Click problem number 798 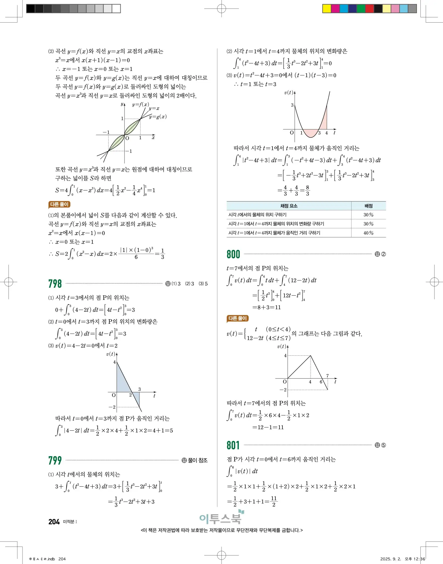click(55, 284)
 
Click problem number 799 click(55, 460)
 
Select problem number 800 click(233, 254)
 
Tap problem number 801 click(233, 445)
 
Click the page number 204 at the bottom click(54, 522)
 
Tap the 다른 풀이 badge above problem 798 click(59, 205)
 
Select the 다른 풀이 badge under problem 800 click(238, 318)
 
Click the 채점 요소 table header click(289, 206)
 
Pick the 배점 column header click(368, 206)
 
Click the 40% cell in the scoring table click(368, 233)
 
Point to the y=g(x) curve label click(158, 117)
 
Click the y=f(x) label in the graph click(141, 104)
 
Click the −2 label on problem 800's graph click(283, 390)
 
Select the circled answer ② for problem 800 click(383, 254)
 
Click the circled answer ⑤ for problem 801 click(383, 445)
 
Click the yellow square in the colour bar click(327, 8)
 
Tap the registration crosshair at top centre click(221, 9)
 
